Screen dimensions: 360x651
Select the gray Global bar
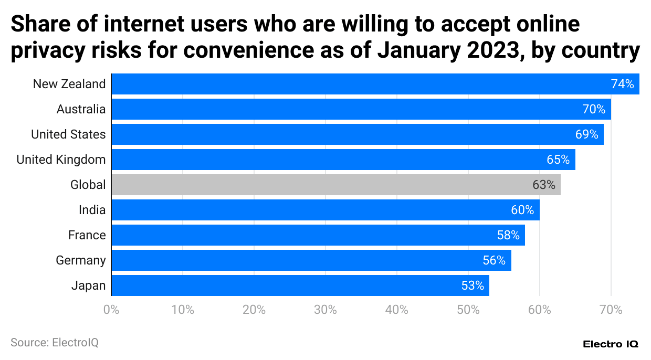coord(336,185)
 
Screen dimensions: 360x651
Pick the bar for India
coord(325,210)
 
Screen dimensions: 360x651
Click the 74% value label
coord(622,84)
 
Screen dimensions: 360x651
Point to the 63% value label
coord(543,185)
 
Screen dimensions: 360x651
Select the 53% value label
coord(472,285)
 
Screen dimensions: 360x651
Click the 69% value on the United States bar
coord(586,134)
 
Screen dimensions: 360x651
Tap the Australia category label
coord(81,109)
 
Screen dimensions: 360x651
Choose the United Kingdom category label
coord(61,160)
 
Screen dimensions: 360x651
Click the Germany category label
coord(81,260)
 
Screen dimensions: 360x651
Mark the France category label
coord(87,235)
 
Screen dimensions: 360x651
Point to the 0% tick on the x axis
coord(111,310)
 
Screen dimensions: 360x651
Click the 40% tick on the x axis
coord(397,310)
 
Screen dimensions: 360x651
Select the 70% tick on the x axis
coord(611,310)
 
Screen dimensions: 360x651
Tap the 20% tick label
coord(254,310)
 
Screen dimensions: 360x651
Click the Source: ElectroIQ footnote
coord(55,343)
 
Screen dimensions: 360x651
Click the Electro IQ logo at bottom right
coord(611,344)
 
